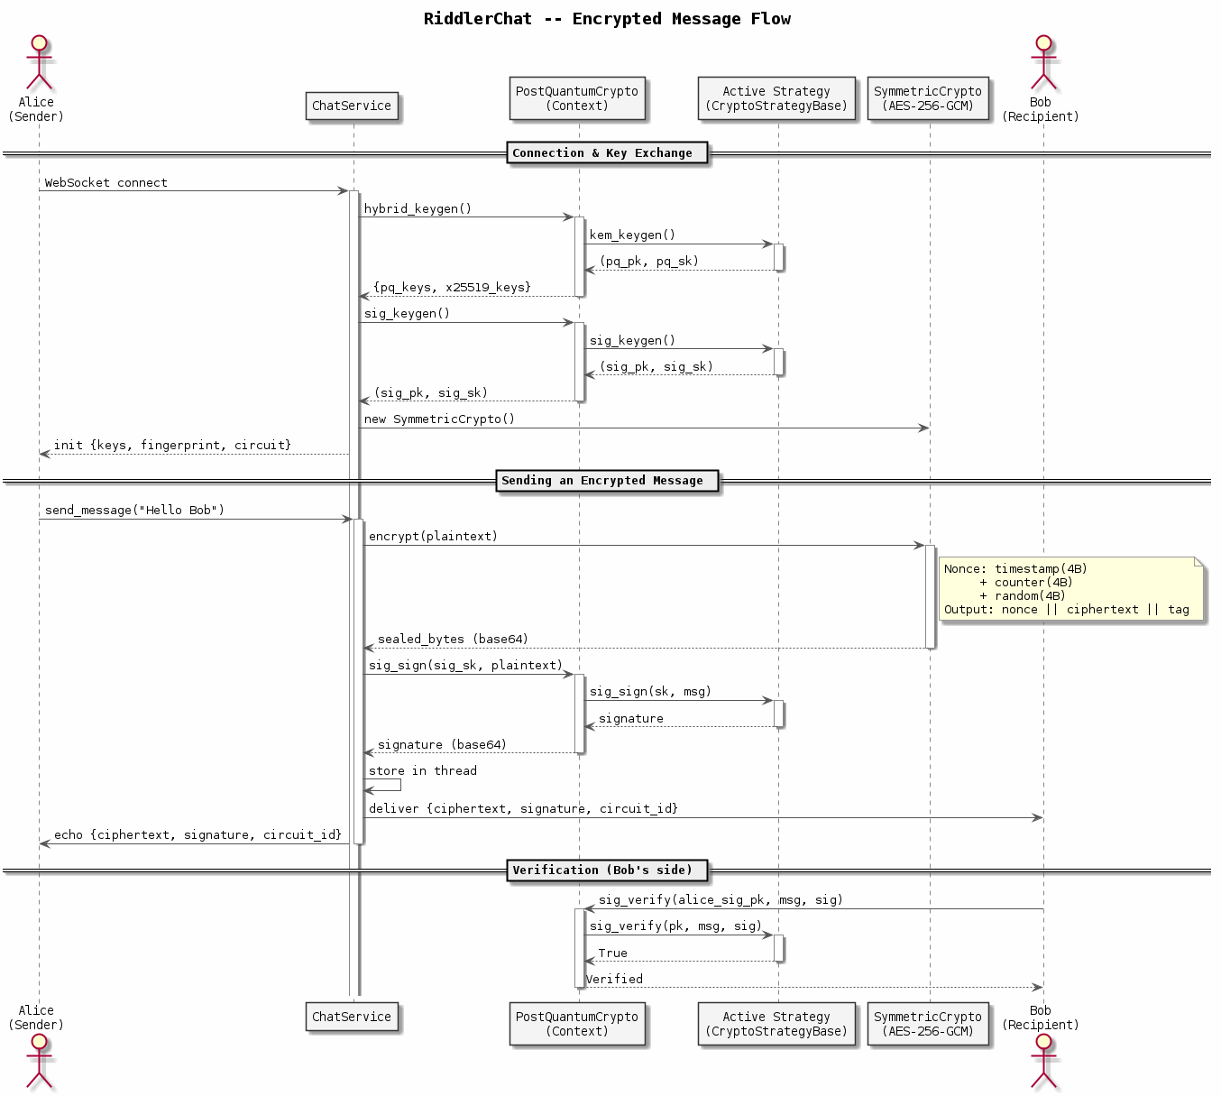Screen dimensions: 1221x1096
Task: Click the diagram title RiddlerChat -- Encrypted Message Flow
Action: (606, 19)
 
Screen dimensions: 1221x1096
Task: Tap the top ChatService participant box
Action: (352, 106)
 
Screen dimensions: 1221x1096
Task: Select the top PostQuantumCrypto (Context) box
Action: (577, 98)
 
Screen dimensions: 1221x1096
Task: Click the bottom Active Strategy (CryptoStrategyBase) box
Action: (776, 1023)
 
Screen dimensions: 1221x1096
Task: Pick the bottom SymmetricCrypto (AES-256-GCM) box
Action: (928, 1023)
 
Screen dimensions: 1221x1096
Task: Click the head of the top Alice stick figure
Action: (39, 43)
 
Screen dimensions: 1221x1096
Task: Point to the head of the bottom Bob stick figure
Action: (1043, 1041)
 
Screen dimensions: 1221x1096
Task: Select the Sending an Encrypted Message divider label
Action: (607, 481)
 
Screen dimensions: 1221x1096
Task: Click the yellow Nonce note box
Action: (1071, 588)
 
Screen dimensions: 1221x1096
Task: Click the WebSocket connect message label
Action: (106, 182)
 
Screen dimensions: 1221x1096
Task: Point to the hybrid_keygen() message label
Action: (418, 208)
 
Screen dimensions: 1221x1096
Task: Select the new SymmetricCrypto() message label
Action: (439, 419)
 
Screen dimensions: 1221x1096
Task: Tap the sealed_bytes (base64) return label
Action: (453, 639)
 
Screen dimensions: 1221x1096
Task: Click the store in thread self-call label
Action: (422, 770)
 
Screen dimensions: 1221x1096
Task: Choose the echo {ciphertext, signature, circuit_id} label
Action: (197, 835)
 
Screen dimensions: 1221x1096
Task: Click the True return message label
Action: (612, 953)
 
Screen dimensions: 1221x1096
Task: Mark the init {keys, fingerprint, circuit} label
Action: (172, 445)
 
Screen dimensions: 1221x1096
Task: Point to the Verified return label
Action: (614, 979)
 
